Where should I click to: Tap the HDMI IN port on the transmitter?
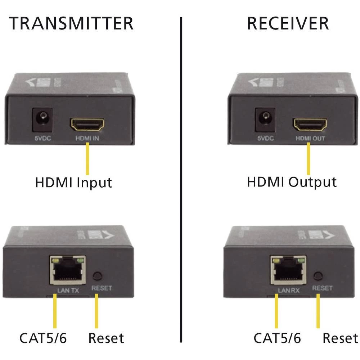[x=88, y=125]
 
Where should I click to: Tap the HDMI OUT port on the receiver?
[x=310, y=125]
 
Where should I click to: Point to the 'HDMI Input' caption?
[x=73, y=183]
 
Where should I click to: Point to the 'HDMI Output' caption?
[x=292, y=182]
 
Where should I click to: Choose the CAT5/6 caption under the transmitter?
[x=43, y=338]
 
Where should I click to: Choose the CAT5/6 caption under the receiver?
[x=277, y=338]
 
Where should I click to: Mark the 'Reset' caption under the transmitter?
[x=106, y=338]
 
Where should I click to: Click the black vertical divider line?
[x=181, y=180]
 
